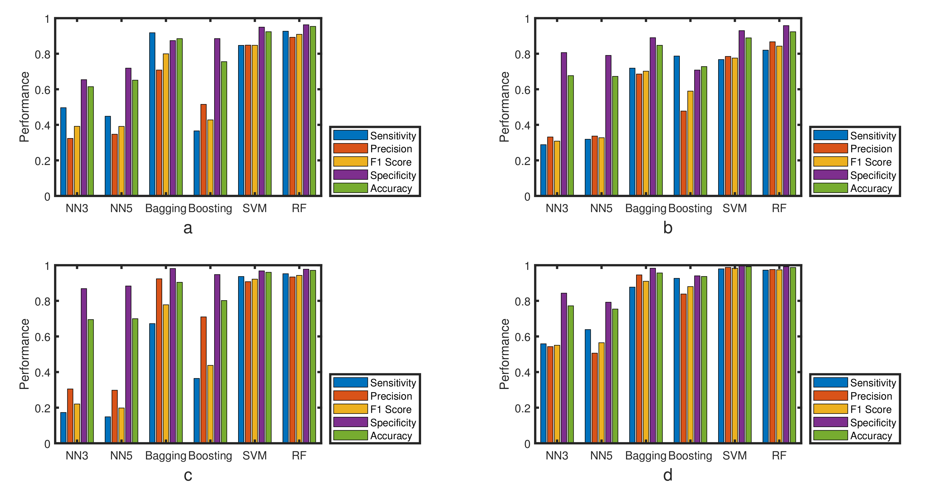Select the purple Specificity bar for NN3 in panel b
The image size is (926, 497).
564,124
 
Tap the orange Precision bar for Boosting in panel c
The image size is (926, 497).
203,379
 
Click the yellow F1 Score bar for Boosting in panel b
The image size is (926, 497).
690,143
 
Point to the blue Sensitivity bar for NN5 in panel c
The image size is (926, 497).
108,429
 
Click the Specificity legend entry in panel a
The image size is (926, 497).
392,175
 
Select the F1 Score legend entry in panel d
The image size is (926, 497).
871,409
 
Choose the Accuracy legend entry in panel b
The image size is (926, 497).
871,188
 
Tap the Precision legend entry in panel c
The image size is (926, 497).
391,396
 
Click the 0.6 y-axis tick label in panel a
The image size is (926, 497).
42,90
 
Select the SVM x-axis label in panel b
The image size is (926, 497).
734,208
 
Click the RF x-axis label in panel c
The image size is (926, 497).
299,456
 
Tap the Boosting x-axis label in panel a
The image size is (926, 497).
210,208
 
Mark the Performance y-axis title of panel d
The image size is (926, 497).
504,354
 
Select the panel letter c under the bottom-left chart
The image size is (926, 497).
188,475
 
